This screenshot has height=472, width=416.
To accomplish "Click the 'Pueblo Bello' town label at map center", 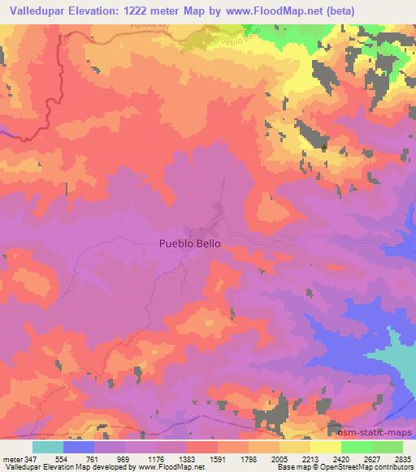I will click(x=188, y=242).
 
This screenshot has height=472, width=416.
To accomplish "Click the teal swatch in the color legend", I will click(x=48, y=447).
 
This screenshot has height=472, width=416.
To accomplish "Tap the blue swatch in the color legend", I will click(x=79, y=447).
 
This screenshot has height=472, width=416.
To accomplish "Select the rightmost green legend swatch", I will click(x=388, y=447).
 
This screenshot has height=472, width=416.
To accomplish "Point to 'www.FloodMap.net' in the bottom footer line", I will click(x=158, y=467).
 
